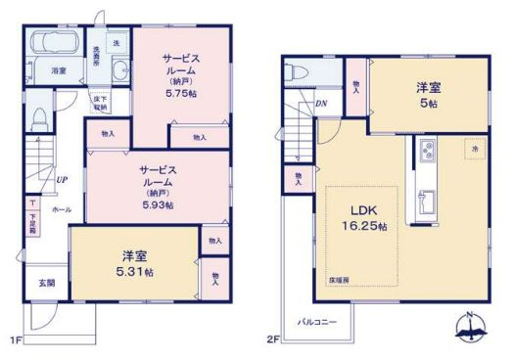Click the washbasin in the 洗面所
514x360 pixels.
pos(119,71)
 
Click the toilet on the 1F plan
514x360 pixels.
pos(39,116)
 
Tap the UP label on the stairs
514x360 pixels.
pos(61,179)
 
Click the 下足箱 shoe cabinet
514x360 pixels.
pos(32,209)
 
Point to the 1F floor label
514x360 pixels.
pos(17,338)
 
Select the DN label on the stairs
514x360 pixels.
pos(321,105)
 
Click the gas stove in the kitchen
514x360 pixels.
pos(428,151)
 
